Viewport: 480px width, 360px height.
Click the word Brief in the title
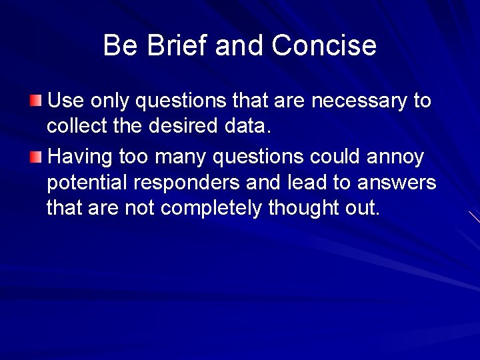[x=171, y=46]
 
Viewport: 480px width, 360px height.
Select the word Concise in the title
[x=324, y=46]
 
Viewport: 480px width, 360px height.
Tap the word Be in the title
[x=119, y=46]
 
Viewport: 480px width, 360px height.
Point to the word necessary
[x=359, y=101]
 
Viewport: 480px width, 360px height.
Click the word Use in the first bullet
[x=65, y=101]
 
